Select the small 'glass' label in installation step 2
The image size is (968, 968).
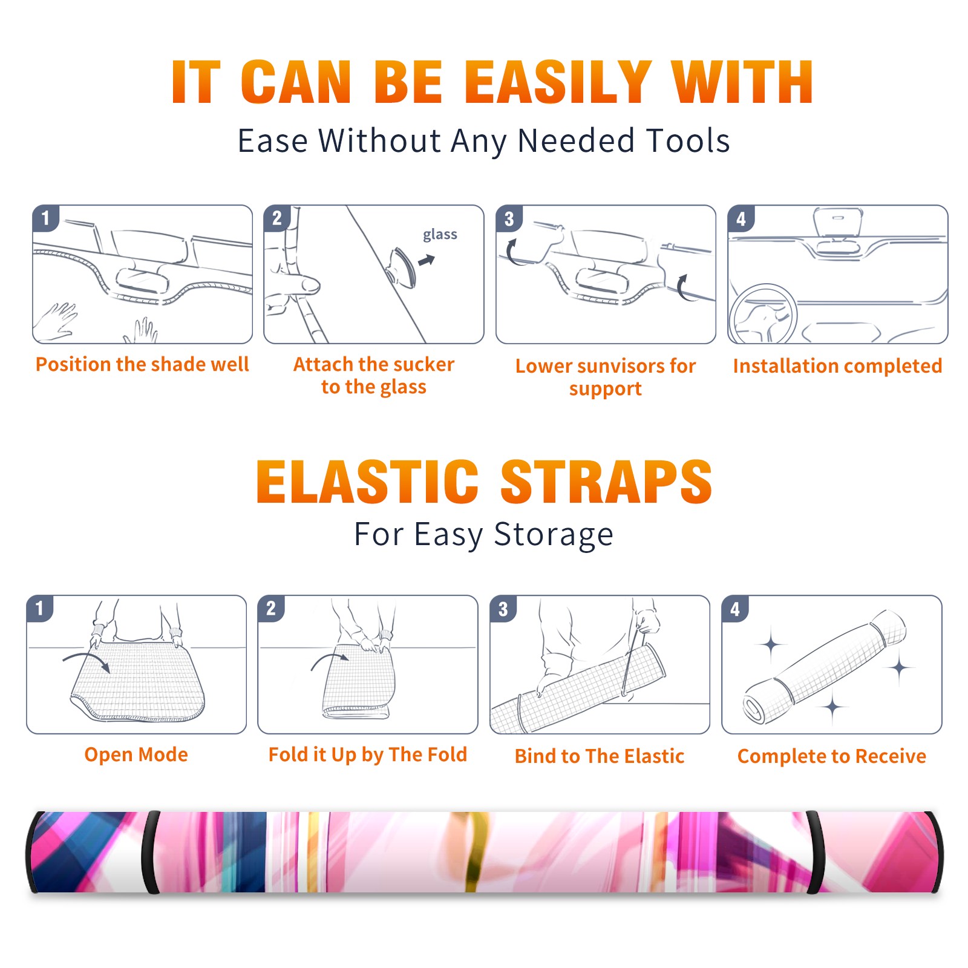(440, 234)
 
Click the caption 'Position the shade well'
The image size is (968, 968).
(142, 364)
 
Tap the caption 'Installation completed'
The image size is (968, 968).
(837, 366)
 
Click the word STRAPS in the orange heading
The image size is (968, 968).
(606, 482)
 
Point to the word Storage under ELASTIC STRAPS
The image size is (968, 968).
(554, 535)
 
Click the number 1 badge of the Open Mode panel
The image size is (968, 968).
(40, 608)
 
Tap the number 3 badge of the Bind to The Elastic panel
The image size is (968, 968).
(503, 609)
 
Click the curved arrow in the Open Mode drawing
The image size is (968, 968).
(87, 661)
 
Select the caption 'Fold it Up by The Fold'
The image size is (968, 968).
(368, 754)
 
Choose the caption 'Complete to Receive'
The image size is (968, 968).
(832, 756)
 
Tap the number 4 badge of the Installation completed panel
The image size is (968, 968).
(741, 218)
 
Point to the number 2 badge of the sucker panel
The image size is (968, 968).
(277, 218)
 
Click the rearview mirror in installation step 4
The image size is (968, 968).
(838, 222)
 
